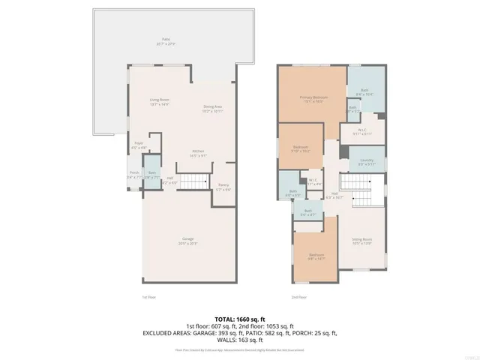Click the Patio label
[x=165, y=39]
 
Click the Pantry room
[x=223, y=186]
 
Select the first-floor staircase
[x=196, y=181]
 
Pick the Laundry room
[x=367, y=161]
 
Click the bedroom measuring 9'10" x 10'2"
[x=300, y=148]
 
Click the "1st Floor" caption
[x=149, y=298]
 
